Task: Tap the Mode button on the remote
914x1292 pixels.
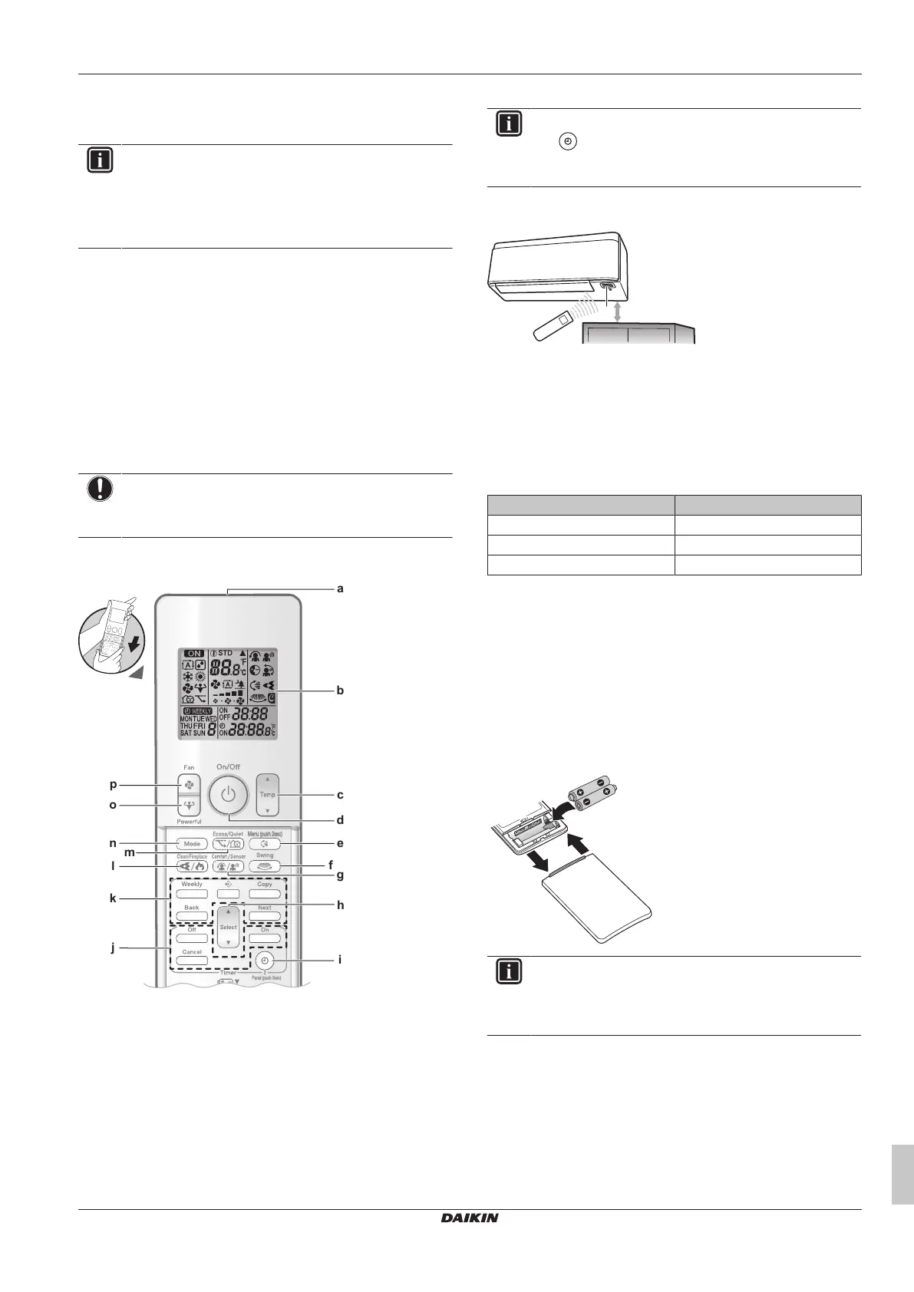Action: (192, 843)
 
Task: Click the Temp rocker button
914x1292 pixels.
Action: (267, 794)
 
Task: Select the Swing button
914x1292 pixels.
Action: (265, 865)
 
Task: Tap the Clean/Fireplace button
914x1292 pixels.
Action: (192, 865)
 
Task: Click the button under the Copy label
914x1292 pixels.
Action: (265, 894)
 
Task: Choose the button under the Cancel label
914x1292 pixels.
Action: (192, 961)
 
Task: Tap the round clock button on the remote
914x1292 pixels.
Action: (265, 961)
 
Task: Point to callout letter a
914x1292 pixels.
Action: (340, 589)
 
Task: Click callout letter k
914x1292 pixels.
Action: (113, 898)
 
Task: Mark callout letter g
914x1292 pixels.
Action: (340, 875)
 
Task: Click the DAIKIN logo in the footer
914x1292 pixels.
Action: (470, 1218)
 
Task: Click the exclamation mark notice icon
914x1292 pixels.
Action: (101, 489)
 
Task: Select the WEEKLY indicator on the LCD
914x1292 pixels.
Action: (198, 711)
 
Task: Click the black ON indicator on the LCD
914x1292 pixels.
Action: (194, 654)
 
